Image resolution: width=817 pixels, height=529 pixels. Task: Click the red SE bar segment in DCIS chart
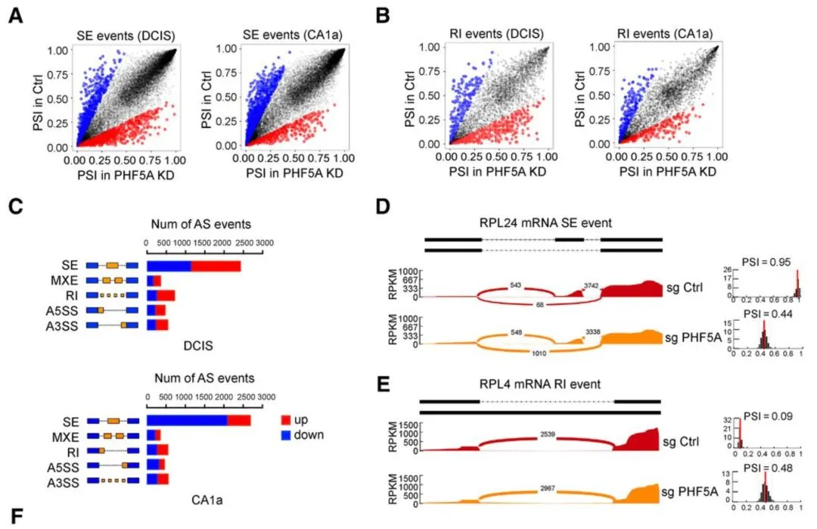pyautogui.click(x=216, y=266)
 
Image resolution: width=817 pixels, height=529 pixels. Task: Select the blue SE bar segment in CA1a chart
pyautogui.click(x=187, y=421)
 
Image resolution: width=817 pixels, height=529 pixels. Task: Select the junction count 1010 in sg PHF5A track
pyautogui.click(x=550, y=352)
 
